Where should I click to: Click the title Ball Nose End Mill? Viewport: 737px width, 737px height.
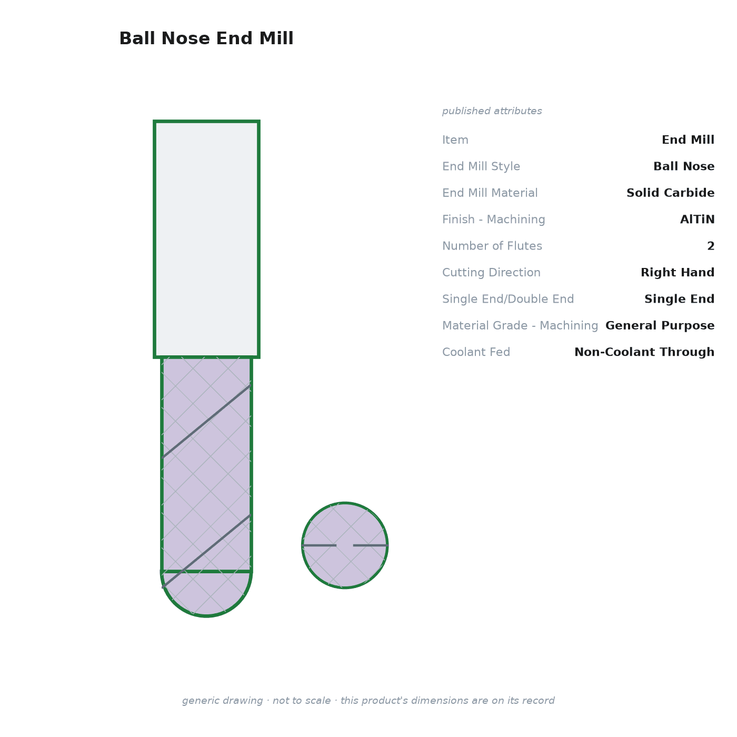pyautogui.click(x=206, y=38)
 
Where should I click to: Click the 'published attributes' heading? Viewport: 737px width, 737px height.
pyautogui.click(x=492, y=111)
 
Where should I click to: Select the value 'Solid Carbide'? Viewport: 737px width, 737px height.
pyautogui.click(x=670, y=193)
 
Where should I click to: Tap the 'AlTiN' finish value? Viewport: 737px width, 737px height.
pyautogui.click(x=697, y=219)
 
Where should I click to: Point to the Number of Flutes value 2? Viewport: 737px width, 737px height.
pyautogui.click(x=711, y=246)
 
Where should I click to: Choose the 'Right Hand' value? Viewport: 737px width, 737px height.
pyautogui.click(x=678, y=272)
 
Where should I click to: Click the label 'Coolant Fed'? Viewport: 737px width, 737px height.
pyautogui.click(x=476, y=352)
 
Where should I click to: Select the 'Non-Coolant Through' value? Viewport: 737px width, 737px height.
pyautogui.click(x=644, y=352)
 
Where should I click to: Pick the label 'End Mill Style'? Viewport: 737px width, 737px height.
pyautogui.click(x=481, y=166)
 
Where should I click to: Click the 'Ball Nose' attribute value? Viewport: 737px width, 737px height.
pyautogui.click(x=683, y=166)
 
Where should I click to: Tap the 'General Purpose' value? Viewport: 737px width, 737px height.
pyautogui.click(x=660, y=325)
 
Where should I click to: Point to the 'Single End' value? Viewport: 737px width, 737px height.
pyautogui.click(x=679, y=298)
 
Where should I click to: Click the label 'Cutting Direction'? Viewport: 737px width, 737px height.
pyautogui.click(x=491, y=272)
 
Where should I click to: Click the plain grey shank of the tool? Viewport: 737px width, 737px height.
pyautogui.click(x=206, y=240)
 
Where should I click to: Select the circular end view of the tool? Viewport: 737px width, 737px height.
pyautogui.click(x=345, y=545)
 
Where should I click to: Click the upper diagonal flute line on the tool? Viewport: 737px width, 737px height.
pyautogui.click(x=206, y=421)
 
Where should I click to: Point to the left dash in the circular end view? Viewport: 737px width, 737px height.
pyautogui.click(x=320, y=545)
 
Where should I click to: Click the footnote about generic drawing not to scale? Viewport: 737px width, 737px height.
pyautogui.click(x=368, y=701)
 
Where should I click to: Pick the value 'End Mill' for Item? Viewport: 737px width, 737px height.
pyautogui.click(x=688, y=140)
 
